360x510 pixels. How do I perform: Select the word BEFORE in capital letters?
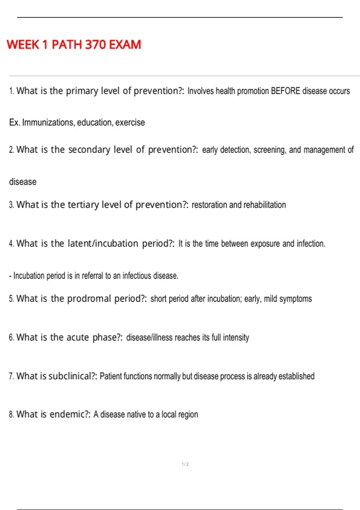pyautogui.click(x=285, y=91)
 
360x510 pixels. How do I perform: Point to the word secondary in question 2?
pyautogui.click(x=89, y=150)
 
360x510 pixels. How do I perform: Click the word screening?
pyautogui.click(x=269, y=150)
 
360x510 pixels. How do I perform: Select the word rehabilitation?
pyautogui.click(x=265, y=205)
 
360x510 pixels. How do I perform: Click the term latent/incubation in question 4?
pyautogui.click(x=103, y=243)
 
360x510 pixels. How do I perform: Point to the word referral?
pyautogui.click(x=92, y=276)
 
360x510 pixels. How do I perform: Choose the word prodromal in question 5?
pyautogui.click(x=89, y=299)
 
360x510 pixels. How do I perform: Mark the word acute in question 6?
pyautogui.click(x=77, y=337)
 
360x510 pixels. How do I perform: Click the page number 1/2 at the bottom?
pyautogui.click(x=185, y=464)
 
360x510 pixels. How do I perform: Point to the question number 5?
pyautogui.click(x=11, y=299)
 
